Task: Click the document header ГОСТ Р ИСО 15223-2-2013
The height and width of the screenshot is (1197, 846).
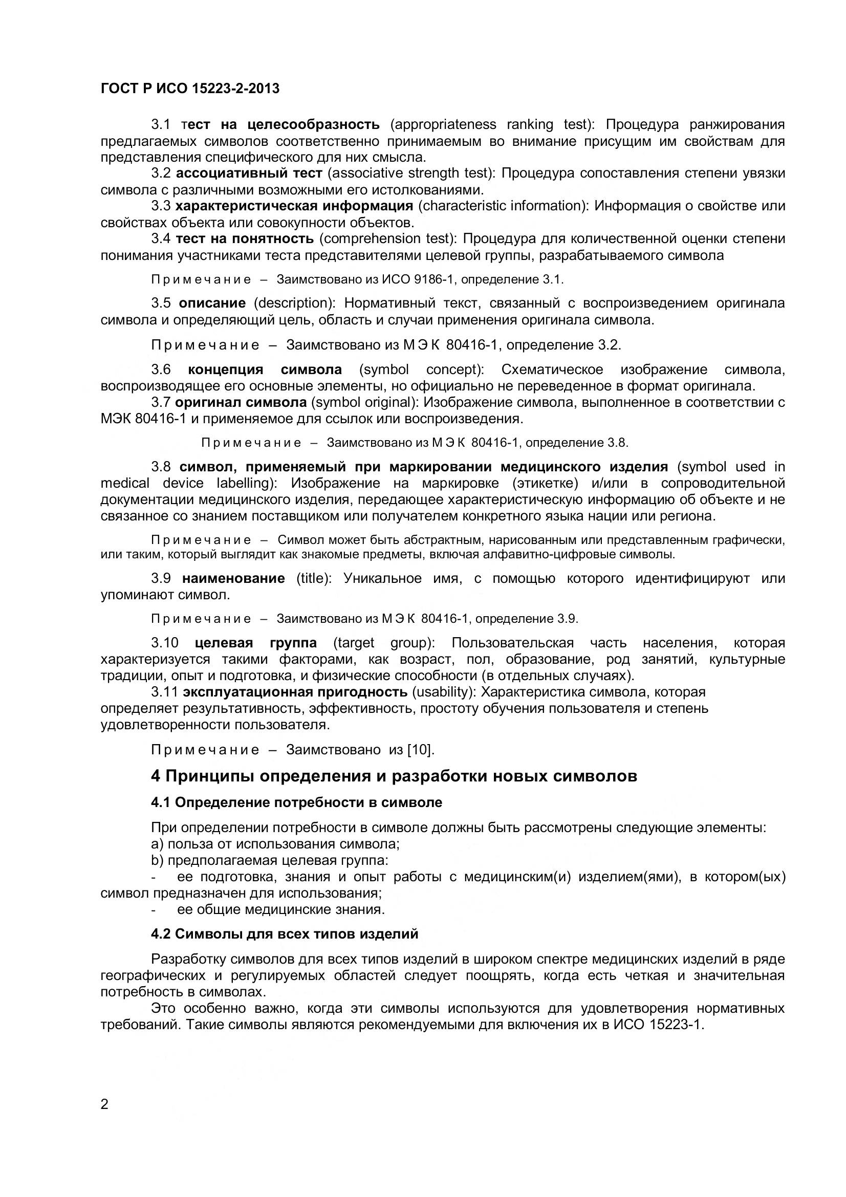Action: (x=190, y=89)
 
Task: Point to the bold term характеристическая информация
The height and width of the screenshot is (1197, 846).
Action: (x=294, y=206)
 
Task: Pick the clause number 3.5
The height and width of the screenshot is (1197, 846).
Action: (x=161, y=303)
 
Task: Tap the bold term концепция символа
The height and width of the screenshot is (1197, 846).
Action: (x=265, y=369)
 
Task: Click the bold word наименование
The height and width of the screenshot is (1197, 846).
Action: (x=233, y=578)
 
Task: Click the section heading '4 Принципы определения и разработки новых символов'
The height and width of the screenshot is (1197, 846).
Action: (x=394, y=776)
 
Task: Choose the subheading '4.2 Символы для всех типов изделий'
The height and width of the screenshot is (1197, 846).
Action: (x=285, y=934)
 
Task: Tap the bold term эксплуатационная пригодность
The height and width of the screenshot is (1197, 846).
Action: (x=295, y=692)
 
